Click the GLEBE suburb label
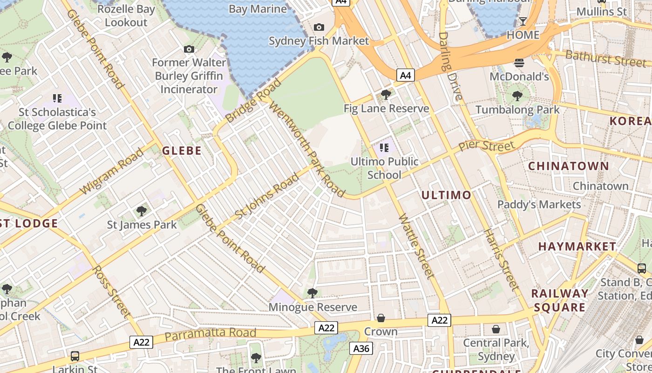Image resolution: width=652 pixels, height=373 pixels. (x=182, y=151)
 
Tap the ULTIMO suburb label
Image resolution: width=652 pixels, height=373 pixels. (x=446, y=195)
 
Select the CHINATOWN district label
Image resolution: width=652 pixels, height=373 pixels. (x=568, y=166)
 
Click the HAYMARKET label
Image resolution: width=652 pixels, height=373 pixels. (x=577, y=246)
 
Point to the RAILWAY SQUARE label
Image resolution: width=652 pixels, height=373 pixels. (x=560, y=300)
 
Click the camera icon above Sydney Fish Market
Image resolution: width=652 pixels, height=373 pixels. (x=319, y=28)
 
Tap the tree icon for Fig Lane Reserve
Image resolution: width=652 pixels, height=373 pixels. (x=386, y=95)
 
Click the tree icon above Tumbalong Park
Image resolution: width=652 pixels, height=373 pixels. (x=517, y=96)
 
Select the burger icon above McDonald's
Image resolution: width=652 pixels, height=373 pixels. (x=519, y=62)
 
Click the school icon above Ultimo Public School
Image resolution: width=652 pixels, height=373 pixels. (x=384, y=148)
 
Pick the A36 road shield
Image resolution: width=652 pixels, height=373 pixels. (x=361, y=348)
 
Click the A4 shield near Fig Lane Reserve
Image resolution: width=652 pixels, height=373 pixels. (x=406, y=75)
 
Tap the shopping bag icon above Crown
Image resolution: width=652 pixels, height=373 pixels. (x=381, y=318)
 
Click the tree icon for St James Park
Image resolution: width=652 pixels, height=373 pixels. (x=142, y=211)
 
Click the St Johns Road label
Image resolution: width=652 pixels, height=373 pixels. (x=267, y=196)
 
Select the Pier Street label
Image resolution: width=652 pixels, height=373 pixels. (x=487, y=145)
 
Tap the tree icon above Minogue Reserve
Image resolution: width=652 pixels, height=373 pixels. (x=312, y=293)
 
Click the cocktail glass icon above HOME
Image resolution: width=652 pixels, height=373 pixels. (x=523, y=21)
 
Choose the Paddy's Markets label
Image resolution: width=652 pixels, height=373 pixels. (x=539, y=204)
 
